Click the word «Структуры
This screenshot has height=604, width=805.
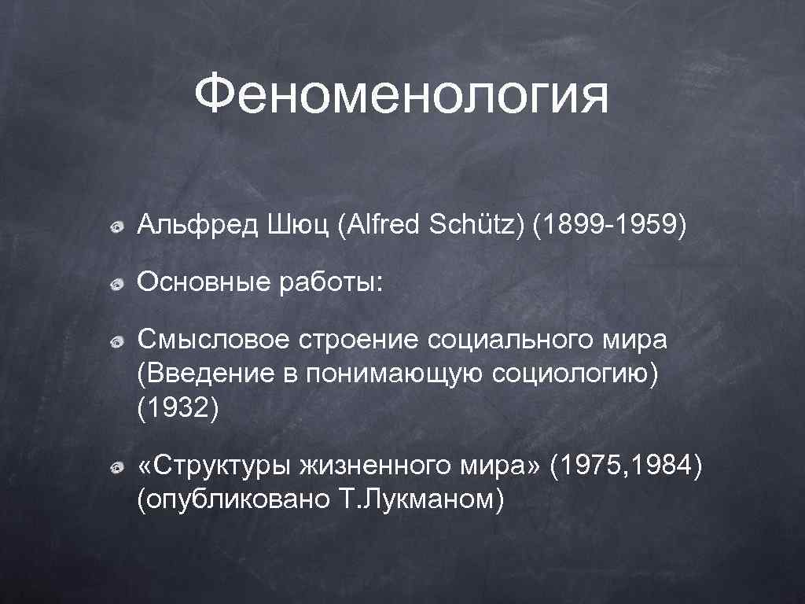[x=211, y=466]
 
